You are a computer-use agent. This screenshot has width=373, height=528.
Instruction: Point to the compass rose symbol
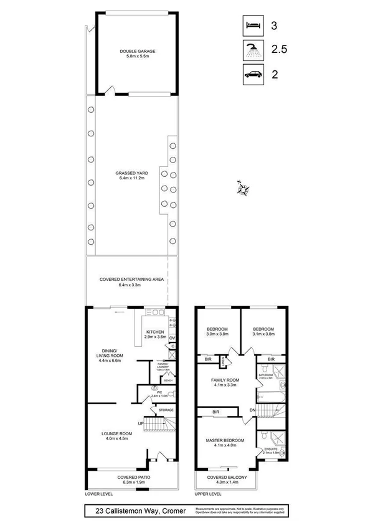[x=242, y=187]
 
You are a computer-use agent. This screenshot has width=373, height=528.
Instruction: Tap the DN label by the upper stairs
[x=252, y=410]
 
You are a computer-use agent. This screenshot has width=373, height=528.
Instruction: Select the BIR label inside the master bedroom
[x=215, y=412]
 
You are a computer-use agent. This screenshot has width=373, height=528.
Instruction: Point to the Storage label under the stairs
[x=166, y=410]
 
